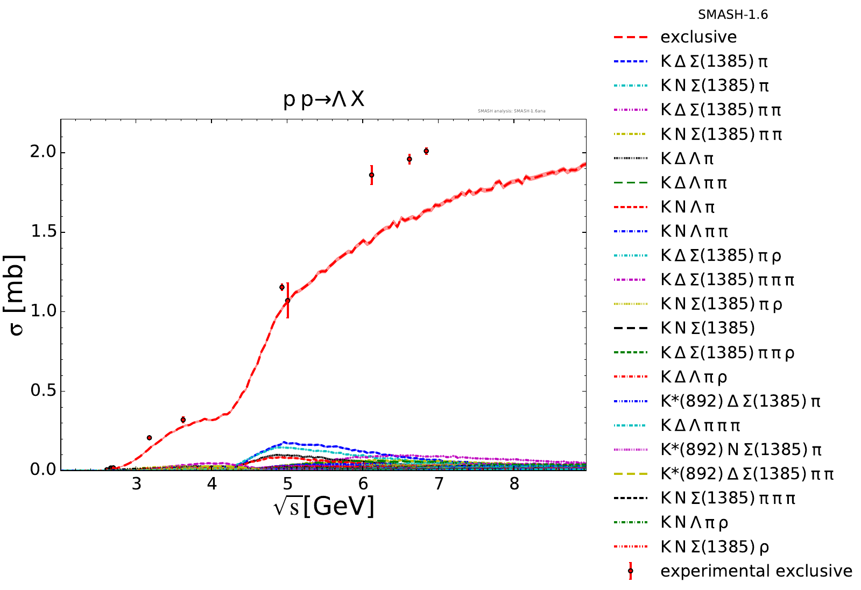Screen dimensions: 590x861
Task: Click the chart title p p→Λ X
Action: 323,99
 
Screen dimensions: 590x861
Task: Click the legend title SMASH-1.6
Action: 732,15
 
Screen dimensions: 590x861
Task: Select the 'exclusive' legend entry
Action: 698,37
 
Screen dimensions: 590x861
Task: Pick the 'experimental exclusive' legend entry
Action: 756,571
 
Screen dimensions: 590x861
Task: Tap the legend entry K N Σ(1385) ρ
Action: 715,547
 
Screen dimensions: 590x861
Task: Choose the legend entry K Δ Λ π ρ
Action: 694,377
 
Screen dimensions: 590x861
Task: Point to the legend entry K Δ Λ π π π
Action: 700,425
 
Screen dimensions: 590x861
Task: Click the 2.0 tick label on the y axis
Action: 43,152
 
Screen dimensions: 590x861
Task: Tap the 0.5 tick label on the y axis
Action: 43,390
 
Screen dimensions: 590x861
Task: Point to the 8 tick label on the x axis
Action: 514,484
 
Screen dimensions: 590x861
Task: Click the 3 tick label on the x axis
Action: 136,484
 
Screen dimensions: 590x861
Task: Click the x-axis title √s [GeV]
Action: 323,507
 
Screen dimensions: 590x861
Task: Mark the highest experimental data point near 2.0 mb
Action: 426,151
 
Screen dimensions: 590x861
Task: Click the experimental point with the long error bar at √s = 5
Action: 287,301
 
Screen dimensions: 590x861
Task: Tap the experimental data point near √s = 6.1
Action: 371,175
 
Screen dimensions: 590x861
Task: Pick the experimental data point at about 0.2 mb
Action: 149,438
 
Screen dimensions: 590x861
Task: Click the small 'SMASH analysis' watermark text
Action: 511,111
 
